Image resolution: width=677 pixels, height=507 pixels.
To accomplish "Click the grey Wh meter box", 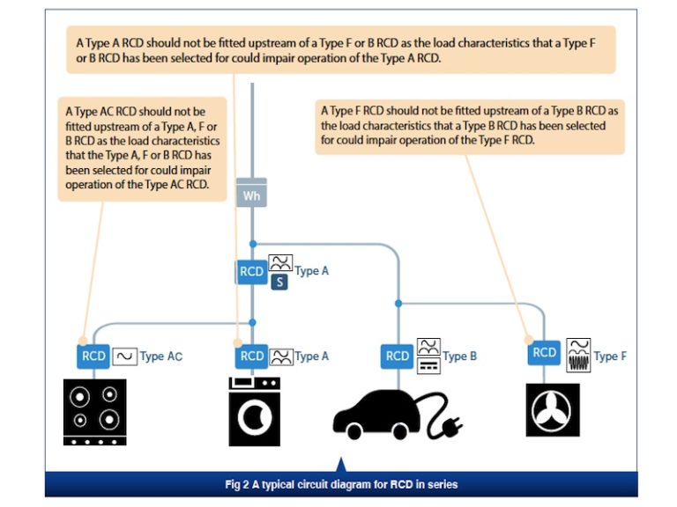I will pos(252,195).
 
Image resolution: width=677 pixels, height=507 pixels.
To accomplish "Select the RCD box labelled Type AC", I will pos(93,356).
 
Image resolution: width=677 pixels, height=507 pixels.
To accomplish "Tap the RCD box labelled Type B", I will pos(398,356).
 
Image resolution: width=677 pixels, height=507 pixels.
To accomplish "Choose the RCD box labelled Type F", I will pos(545,353).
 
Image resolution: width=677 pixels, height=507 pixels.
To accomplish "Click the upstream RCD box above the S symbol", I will pos(252,271).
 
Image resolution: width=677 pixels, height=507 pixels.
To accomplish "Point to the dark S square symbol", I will pos(279,283).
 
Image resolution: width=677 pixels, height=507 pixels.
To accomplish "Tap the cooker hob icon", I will pos(94,411).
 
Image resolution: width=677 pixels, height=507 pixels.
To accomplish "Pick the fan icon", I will pos(553,409).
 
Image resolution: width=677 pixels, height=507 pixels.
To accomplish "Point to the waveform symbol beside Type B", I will pos(428,355).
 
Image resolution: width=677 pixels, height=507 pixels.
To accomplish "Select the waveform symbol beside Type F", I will pos(578,354).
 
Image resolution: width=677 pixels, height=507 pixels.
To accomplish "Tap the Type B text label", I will pos(460,356).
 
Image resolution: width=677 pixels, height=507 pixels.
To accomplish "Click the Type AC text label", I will pos(161,356).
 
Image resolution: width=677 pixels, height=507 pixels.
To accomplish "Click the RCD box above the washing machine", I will pos(252,356).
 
